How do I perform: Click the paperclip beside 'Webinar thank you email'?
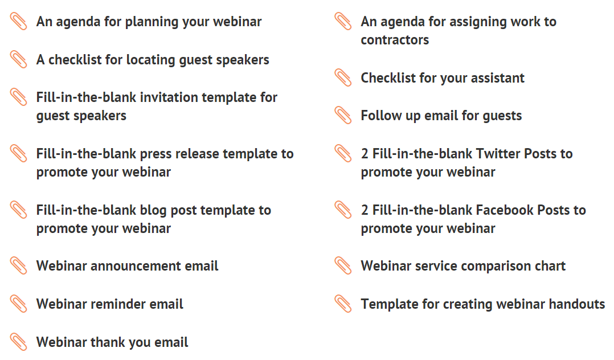(x=18, y=342)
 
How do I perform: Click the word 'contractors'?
(x=395, y=40)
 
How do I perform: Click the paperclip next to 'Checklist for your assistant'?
(x=343, y=77)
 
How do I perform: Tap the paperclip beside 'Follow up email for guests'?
(x=343, y=115)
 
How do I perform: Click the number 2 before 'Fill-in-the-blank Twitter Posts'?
(x=365, y=154)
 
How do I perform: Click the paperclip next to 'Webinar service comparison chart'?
(x=343, y=265)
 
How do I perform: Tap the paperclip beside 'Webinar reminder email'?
(x=18, y=304)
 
